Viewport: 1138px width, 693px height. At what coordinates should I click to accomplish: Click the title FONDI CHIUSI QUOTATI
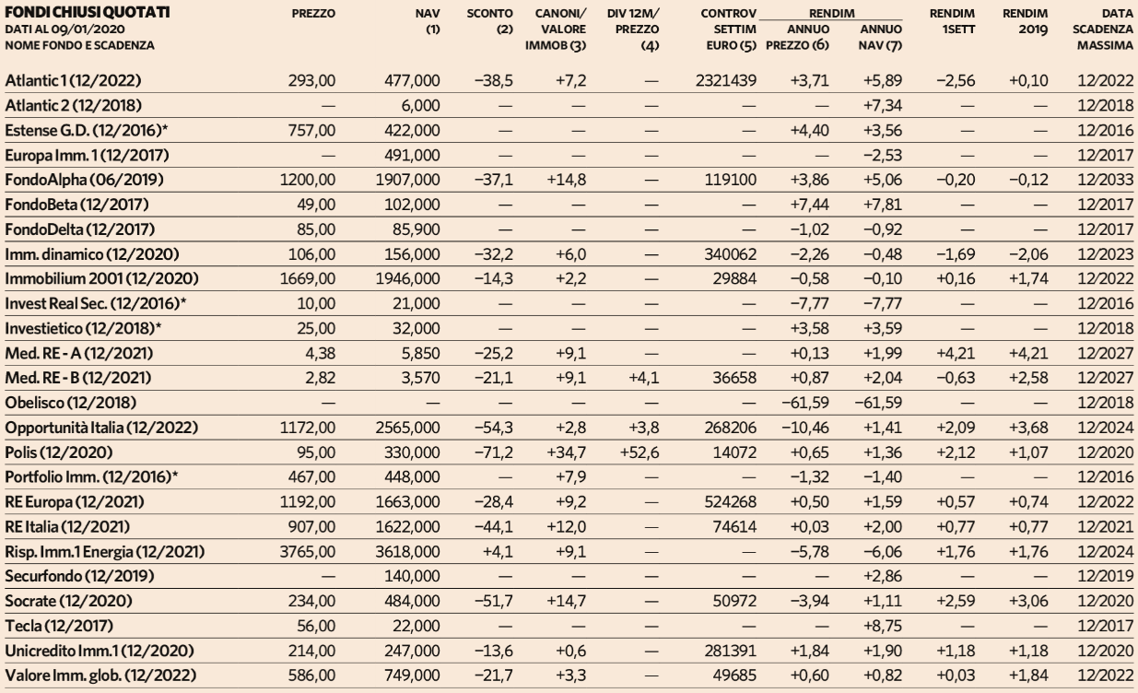tap(88, 12)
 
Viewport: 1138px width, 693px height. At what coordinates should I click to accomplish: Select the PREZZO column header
tap(313, 14)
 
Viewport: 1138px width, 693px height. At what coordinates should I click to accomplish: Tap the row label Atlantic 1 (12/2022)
tap(73, 80)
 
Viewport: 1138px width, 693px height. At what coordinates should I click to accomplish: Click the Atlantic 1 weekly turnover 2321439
tap(725, 80)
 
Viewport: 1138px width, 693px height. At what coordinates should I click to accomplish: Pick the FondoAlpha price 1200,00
tap(308, 180)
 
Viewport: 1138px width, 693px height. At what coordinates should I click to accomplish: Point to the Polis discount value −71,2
tap(493, 452)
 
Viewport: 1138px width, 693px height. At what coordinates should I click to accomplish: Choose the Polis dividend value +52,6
tap(639, 452)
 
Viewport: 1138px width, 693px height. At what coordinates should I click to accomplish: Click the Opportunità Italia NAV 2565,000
tap(407, 428)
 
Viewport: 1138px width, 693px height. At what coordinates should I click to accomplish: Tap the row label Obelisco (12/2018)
tap(71, 403)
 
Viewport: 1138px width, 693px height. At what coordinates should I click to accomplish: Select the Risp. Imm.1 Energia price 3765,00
tap(308, 552)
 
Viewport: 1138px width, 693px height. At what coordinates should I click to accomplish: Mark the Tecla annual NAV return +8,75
tap(883, 626)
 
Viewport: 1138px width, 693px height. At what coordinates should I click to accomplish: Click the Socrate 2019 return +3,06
tap(1028, 601)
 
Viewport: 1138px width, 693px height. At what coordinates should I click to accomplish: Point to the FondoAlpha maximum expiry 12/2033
tap(1105, 180)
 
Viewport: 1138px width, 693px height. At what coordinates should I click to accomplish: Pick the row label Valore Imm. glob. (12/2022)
tap(100, 675)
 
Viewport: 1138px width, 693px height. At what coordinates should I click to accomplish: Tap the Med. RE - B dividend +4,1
tap(644, 378)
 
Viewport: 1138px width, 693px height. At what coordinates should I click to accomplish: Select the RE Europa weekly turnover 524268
tap(730, 502)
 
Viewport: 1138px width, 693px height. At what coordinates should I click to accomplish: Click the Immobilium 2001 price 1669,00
tap(308, 279)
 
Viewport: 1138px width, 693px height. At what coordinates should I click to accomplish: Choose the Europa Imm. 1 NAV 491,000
tap(412, 155)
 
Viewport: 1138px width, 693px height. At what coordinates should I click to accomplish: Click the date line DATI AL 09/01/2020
tap(65, 29)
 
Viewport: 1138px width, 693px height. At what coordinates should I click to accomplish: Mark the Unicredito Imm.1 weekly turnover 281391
tap(730, 651)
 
